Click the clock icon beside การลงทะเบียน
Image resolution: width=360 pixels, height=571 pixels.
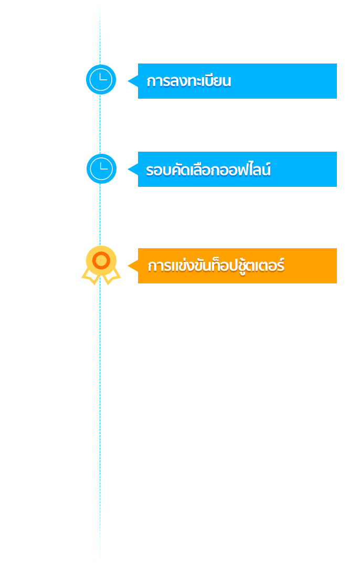[101, 79]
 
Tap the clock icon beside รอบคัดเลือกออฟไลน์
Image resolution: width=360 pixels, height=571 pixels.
[102, 168]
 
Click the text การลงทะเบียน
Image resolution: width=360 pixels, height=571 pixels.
[188, 81]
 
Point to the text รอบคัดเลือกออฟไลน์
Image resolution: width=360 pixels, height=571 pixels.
[208, 170]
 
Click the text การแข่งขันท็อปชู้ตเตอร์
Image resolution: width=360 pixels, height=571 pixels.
[216, 266]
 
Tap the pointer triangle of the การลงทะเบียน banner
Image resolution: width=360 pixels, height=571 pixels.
[133, 81]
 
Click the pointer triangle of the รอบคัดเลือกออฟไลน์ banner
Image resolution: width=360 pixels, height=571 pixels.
[133, 170]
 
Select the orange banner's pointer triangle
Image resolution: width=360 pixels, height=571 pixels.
[133, 266]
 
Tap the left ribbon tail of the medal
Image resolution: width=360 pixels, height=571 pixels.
[90, 277]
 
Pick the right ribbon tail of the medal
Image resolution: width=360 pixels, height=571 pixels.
[112, 277]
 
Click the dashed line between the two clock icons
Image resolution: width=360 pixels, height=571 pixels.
[100, 124]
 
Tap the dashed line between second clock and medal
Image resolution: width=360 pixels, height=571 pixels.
[100, 215]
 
